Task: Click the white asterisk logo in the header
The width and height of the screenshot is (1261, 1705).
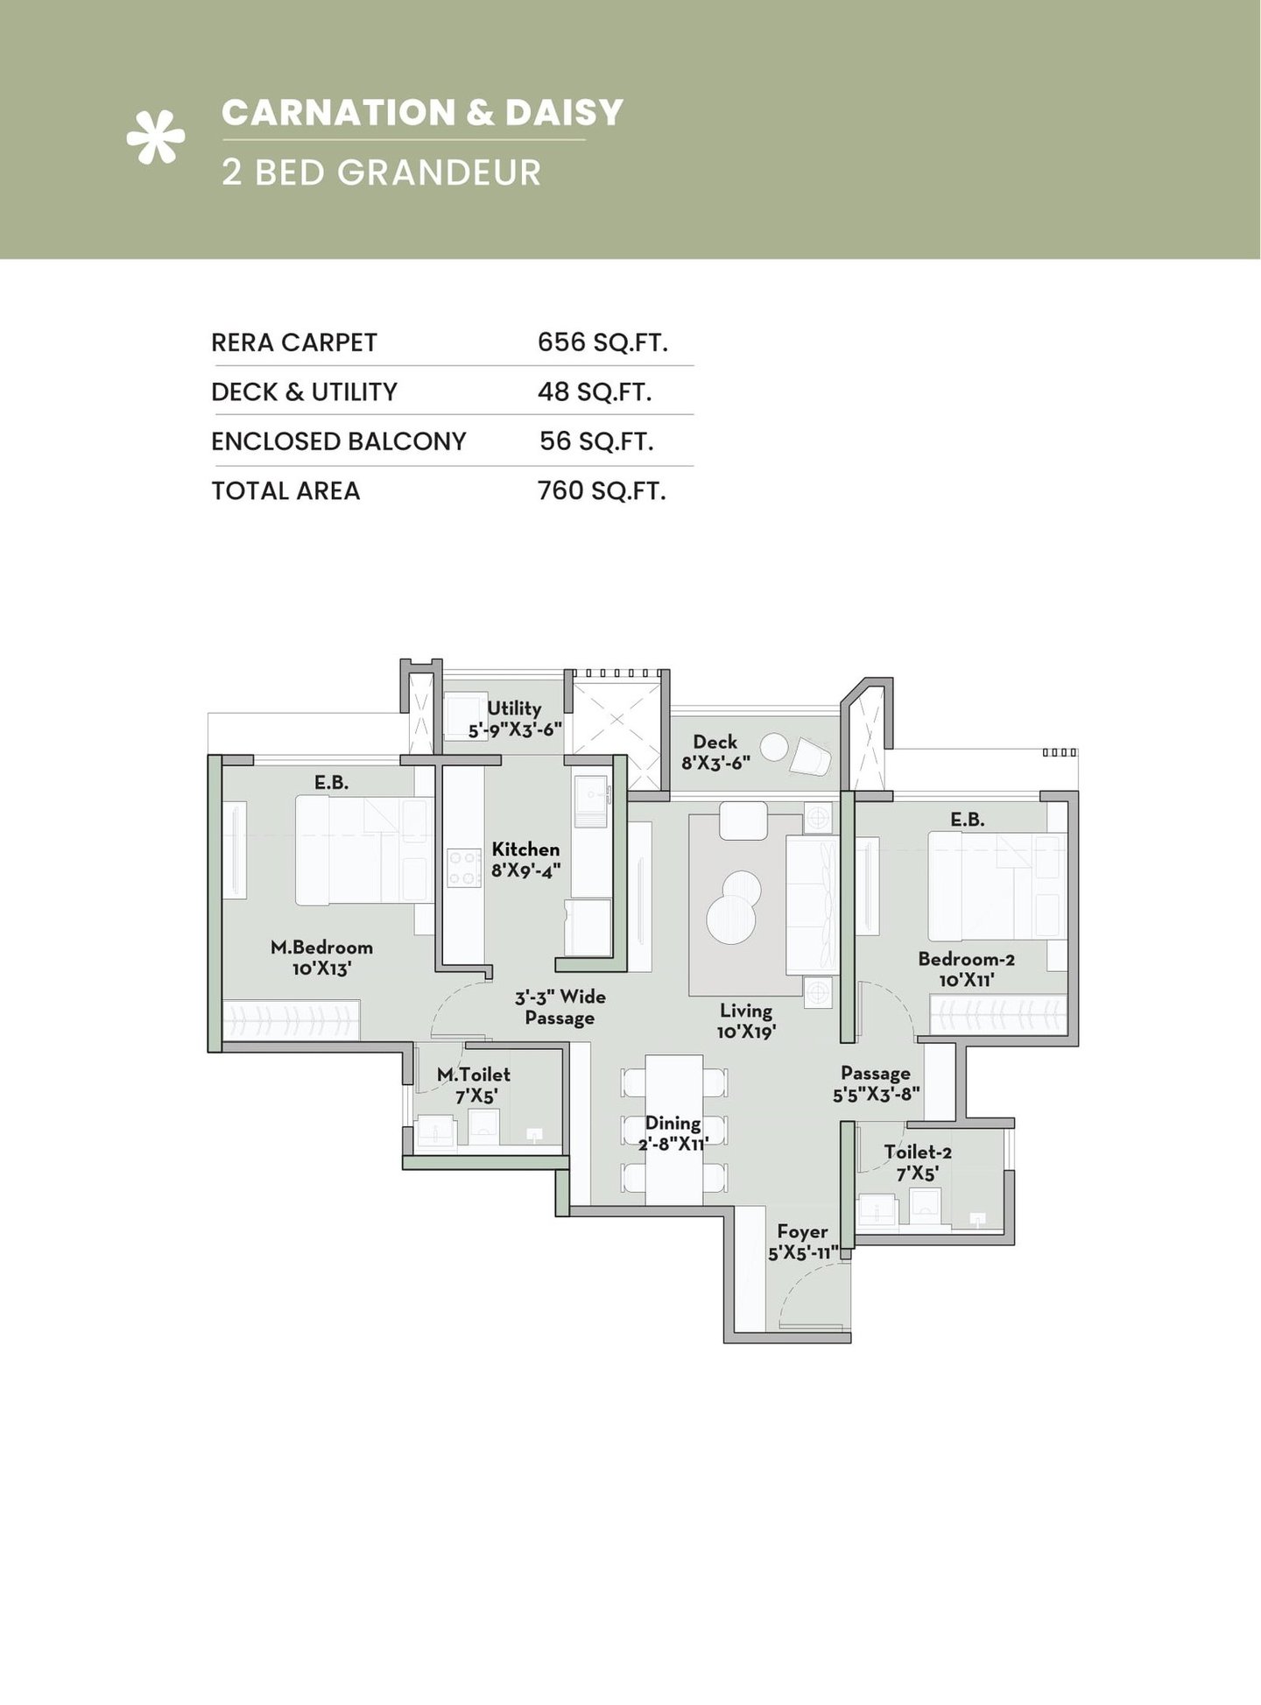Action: tap(156, 136)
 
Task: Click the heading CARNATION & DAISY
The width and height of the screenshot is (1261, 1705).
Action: tap(422, 113)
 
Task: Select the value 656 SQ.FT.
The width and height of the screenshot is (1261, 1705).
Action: tap(602, 342)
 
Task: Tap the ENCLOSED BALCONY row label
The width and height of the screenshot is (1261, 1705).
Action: tap(338, 441)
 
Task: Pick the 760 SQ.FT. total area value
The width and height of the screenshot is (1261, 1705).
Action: tap(602, 490)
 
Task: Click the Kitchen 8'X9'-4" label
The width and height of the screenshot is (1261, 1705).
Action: tap(525, 859)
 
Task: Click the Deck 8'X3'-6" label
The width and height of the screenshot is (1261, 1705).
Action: tap(715, 751)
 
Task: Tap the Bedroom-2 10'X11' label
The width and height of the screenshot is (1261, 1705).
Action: tap(966, 969)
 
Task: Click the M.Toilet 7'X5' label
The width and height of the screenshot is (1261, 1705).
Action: tap(474, 1084)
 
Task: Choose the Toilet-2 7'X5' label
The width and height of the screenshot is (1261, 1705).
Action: tap(917, 1162)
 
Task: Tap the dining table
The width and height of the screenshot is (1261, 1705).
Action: tap(673, 1130)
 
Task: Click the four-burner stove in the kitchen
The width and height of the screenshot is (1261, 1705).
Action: tap(463, 867)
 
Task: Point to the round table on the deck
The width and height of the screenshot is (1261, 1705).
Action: tap(773, 747)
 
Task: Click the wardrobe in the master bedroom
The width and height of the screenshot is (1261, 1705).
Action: tap(291, 1020)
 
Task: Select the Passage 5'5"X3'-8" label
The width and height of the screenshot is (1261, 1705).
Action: tap(875, 1082)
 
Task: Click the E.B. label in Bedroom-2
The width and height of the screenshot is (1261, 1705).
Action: tap(968, 820)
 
